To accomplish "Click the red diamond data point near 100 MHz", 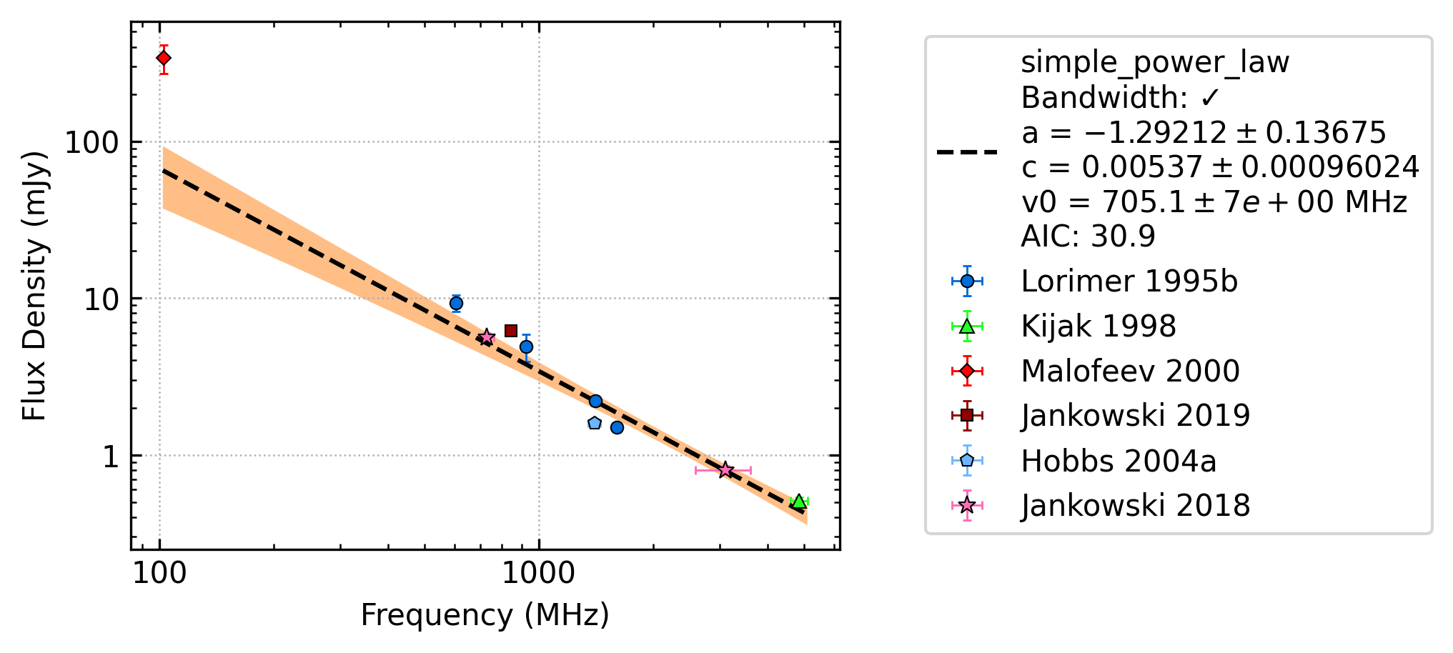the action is tap(164, 58).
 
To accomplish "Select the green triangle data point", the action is tap(799, 502).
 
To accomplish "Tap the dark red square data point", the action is tap(511, 331).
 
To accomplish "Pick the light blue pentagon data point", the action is tap(594, 423).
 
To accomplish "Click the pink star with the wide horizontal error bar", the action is tap(725, 470).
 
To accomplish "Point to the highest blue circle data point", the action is tap(456, 304).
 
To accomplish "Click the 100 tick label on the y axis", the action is tap(91, 143).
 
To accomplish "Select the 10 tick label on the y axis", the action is tap(101, 299).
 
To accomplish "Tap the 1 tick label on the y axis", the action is tap(110, 457).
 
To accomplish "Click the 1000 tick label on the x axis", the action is tap(538, 573).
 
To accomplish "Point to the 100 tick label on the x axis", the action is tap(159, 573).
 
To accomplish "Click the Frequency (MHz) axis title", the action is tap(485, 615).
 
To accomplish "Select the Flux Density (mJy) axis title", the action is tap(34, 286).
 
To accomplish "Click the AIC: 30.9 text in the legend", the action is tap(1088, 236).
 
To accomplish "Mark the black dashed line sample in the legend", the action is tap(967, 151).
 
